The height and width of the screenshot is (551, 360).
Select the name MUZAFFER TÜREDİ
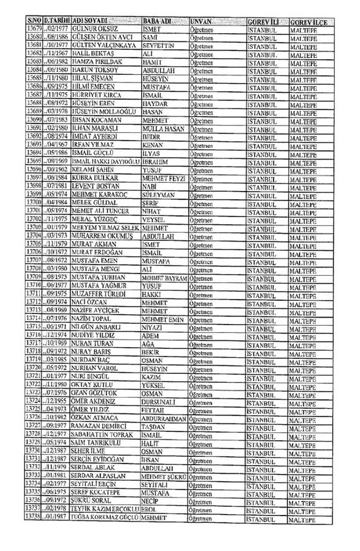coord(98,293)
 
